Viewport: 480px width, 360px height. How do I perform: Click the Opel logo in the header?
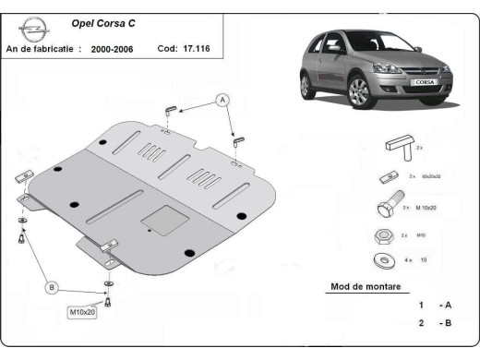31,29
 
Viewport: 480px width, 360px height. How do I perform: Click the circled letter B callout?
52,288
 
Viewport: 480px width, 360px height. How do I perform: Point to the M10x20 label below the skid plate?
84,311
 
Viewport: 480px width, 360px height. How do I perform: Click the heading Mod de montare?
366,287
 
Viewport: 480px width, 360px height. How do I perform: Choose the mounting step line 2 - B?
433,324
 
